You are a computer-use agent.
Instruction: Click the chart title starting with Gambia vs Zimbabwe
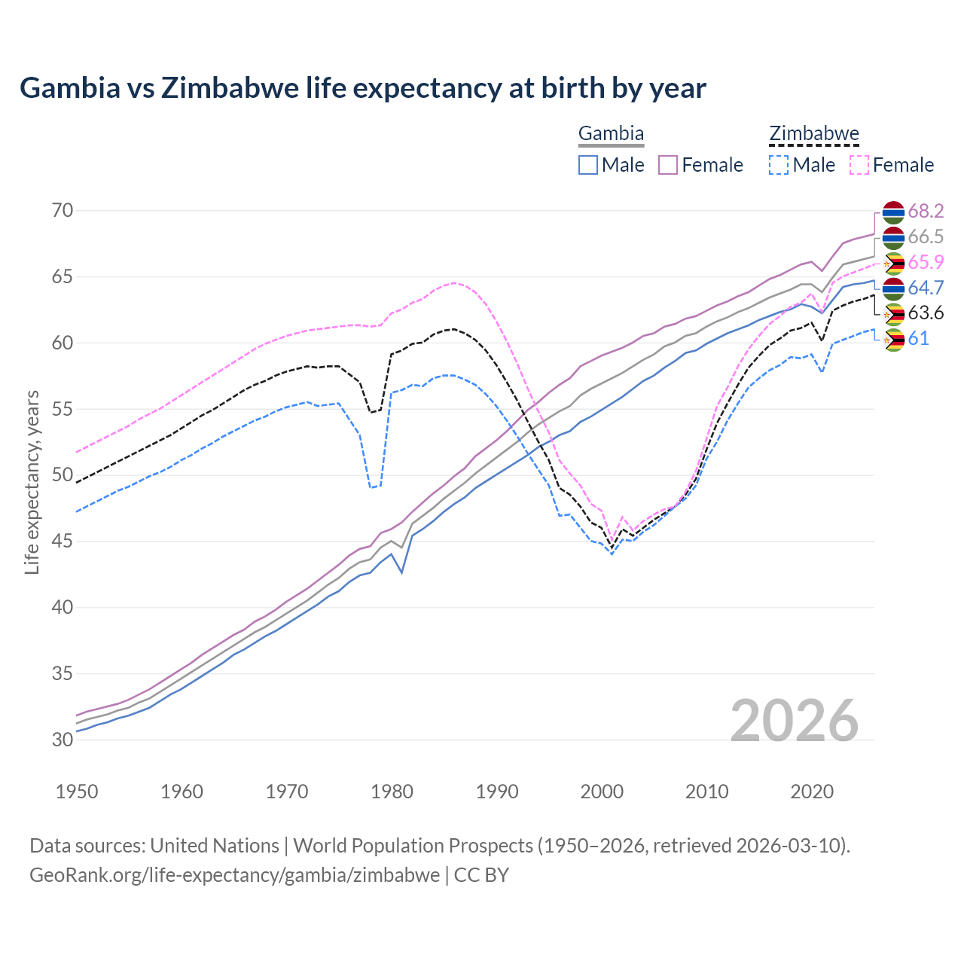coord(362,88)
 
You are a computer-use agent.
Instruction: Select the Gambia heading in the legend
coord(611,134)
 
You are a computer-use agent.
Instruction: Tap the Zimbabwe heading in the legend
coord(813,134)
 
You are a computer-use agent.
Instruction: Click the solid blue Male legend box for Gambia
coord(588,165)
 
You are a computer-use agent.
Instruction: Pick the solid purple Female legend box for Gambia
coord(668,165)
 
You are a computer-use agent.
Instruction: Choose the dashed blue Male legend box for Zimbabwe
coord(779,165)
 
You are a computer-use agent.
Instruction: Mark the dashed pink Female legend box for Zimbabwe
coord(859,165)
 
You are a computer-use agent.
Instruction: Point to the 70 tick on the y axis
coord(63,210)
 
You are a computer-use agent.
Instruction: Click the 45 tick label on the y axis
coord(63,541)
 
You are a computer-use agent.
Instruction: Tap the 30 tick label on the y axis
coord(63,740)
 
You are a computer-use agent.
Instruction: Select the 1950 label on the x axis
coord(77,792)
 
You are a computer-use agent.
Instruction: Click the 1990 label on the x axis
coord(497,792)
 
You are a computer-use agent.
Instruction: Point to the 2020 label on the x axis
coord(812,792)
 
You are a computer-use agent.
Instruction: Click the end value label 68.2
coord(926,211)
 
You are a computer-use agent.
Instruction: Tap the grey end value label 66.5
coord(926,236)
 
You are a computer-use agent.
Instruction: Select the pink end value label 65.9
coord(926,262)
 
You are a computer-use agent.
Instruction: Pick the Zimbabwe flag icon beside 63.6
coord(893,313)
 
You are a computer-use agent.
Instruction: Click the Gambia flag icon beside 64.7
coord(893,288)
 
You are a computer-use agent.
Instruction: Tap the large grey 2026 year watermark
coord(794,721)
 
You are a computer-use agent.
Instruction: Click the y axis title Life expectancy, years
coord(32,482)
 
